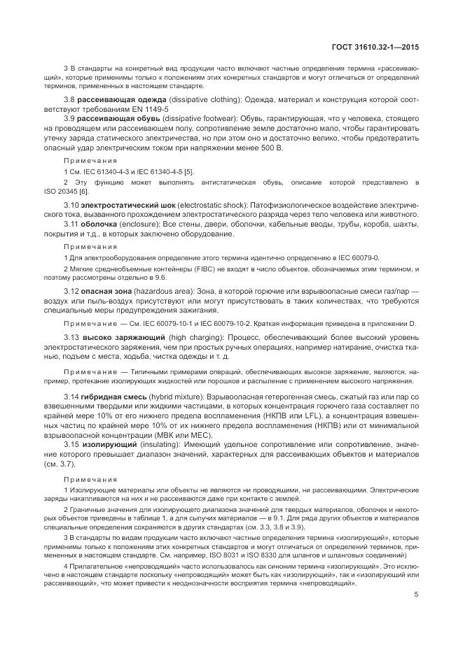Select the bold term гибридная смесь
pos(114,397)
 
